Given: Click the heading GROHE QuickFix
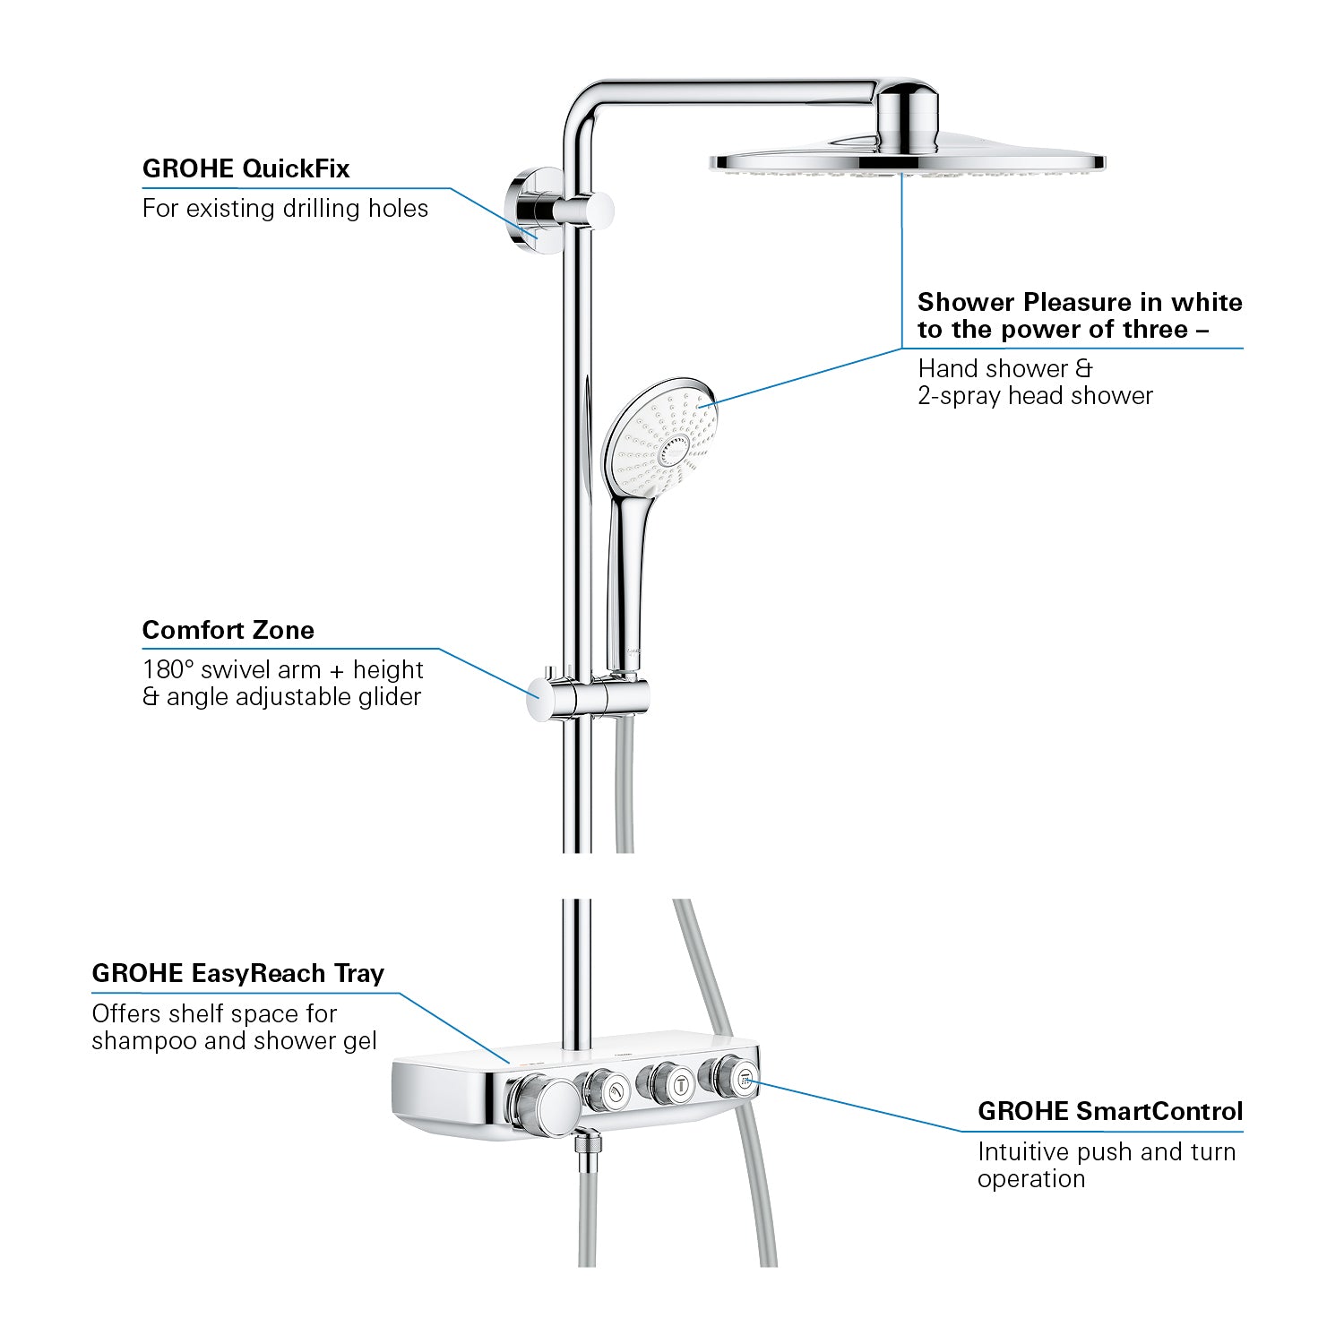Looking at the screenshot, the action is point(246,168).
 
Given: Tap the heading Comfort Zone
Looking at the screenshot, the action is point(228,630).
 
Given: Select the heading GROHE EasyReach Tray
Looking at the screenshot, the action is point(238,973).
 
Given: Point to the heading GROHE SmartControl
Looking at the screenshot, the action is point(1110,1111).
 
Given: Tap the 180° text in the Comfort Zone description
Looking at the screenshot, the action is point(168,669).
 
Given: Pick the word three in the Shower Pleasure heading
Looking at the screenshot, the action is point(1155,330).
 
